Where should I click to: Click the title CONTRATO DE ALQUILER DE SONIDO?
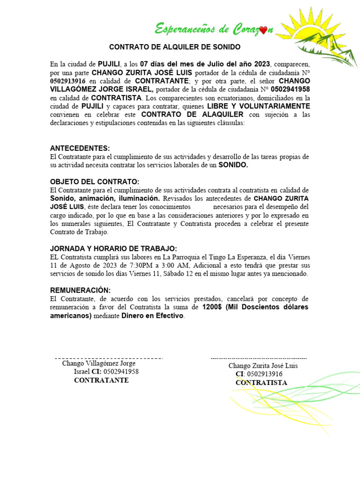[x=174, y=47]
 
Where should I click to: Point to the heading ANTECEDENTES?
[x=80, y=148]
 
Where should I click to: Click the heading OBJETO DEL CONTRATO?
[x=94, y=182]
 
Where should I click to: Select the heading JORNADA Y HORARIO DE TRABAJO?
[x=113, y=249]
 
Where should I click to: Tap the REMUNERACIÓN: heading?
[x=80, y=291]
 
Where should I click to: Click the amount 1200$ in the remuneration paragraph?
[x=212, y=307]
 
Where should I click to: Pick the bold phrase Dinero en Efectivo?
[x=153, y=316]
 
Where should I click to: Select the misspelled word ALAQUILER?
[x=220, y=115]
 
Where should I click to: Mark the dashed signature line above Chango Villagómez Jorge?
[x=109, y=358]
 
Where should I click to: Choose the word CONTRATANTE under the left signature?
[x=101, y=380]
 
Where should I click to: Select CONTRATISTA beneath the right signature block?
[x=262, y=382]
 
